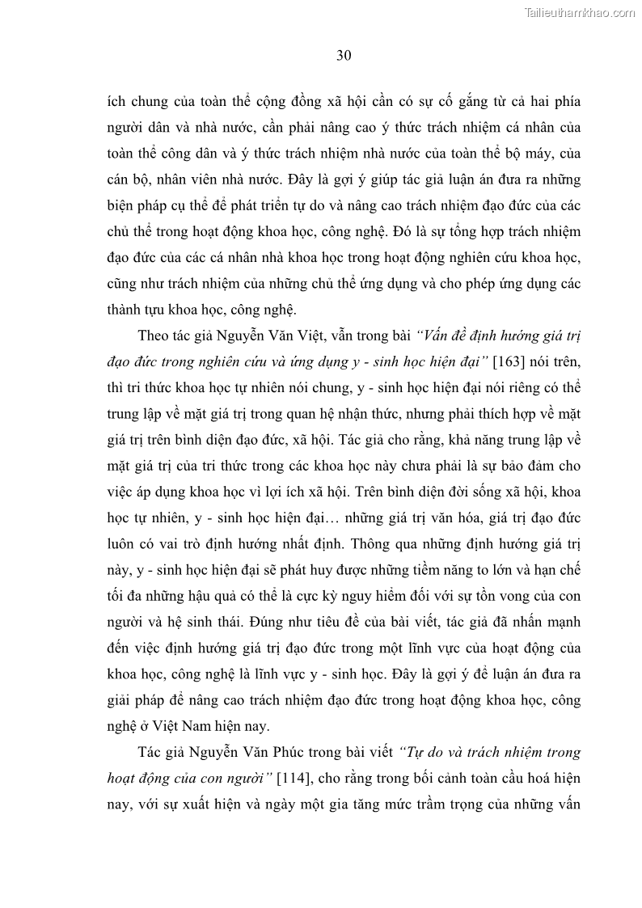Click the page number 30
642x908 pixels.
(x=343, y=56)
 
